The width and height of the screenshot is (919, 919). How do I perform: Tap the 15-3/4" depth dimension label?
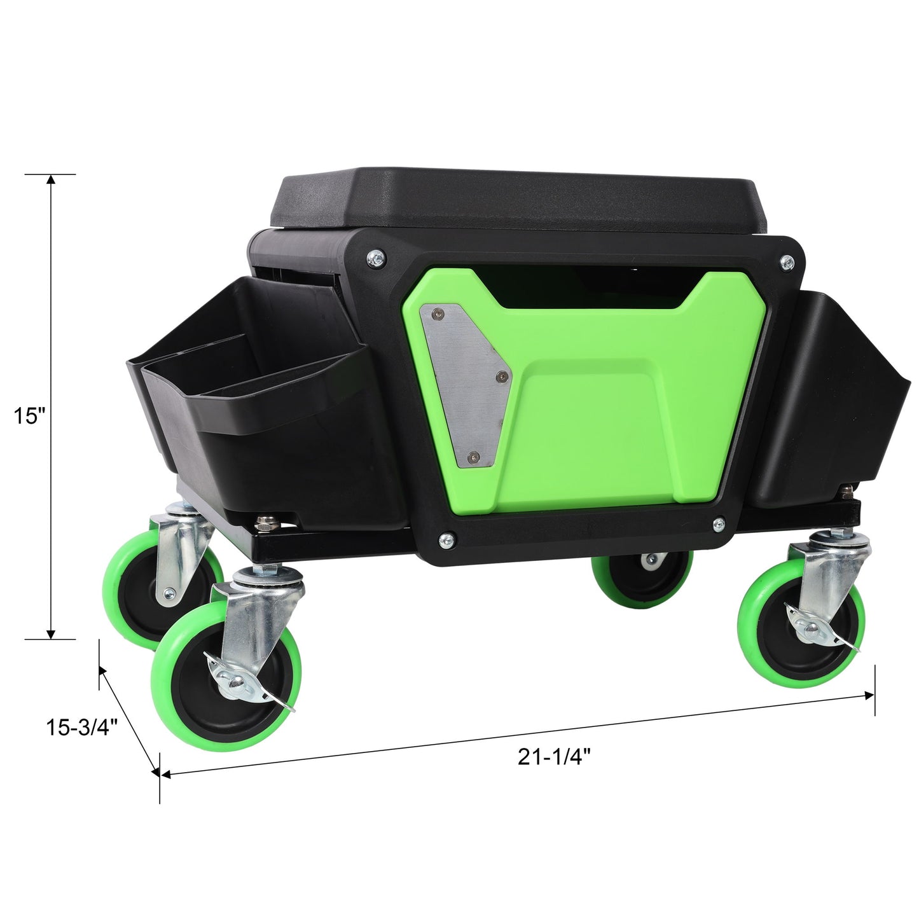83,728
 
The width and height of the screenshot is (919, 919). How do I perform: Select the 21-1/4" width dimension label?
555,756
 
